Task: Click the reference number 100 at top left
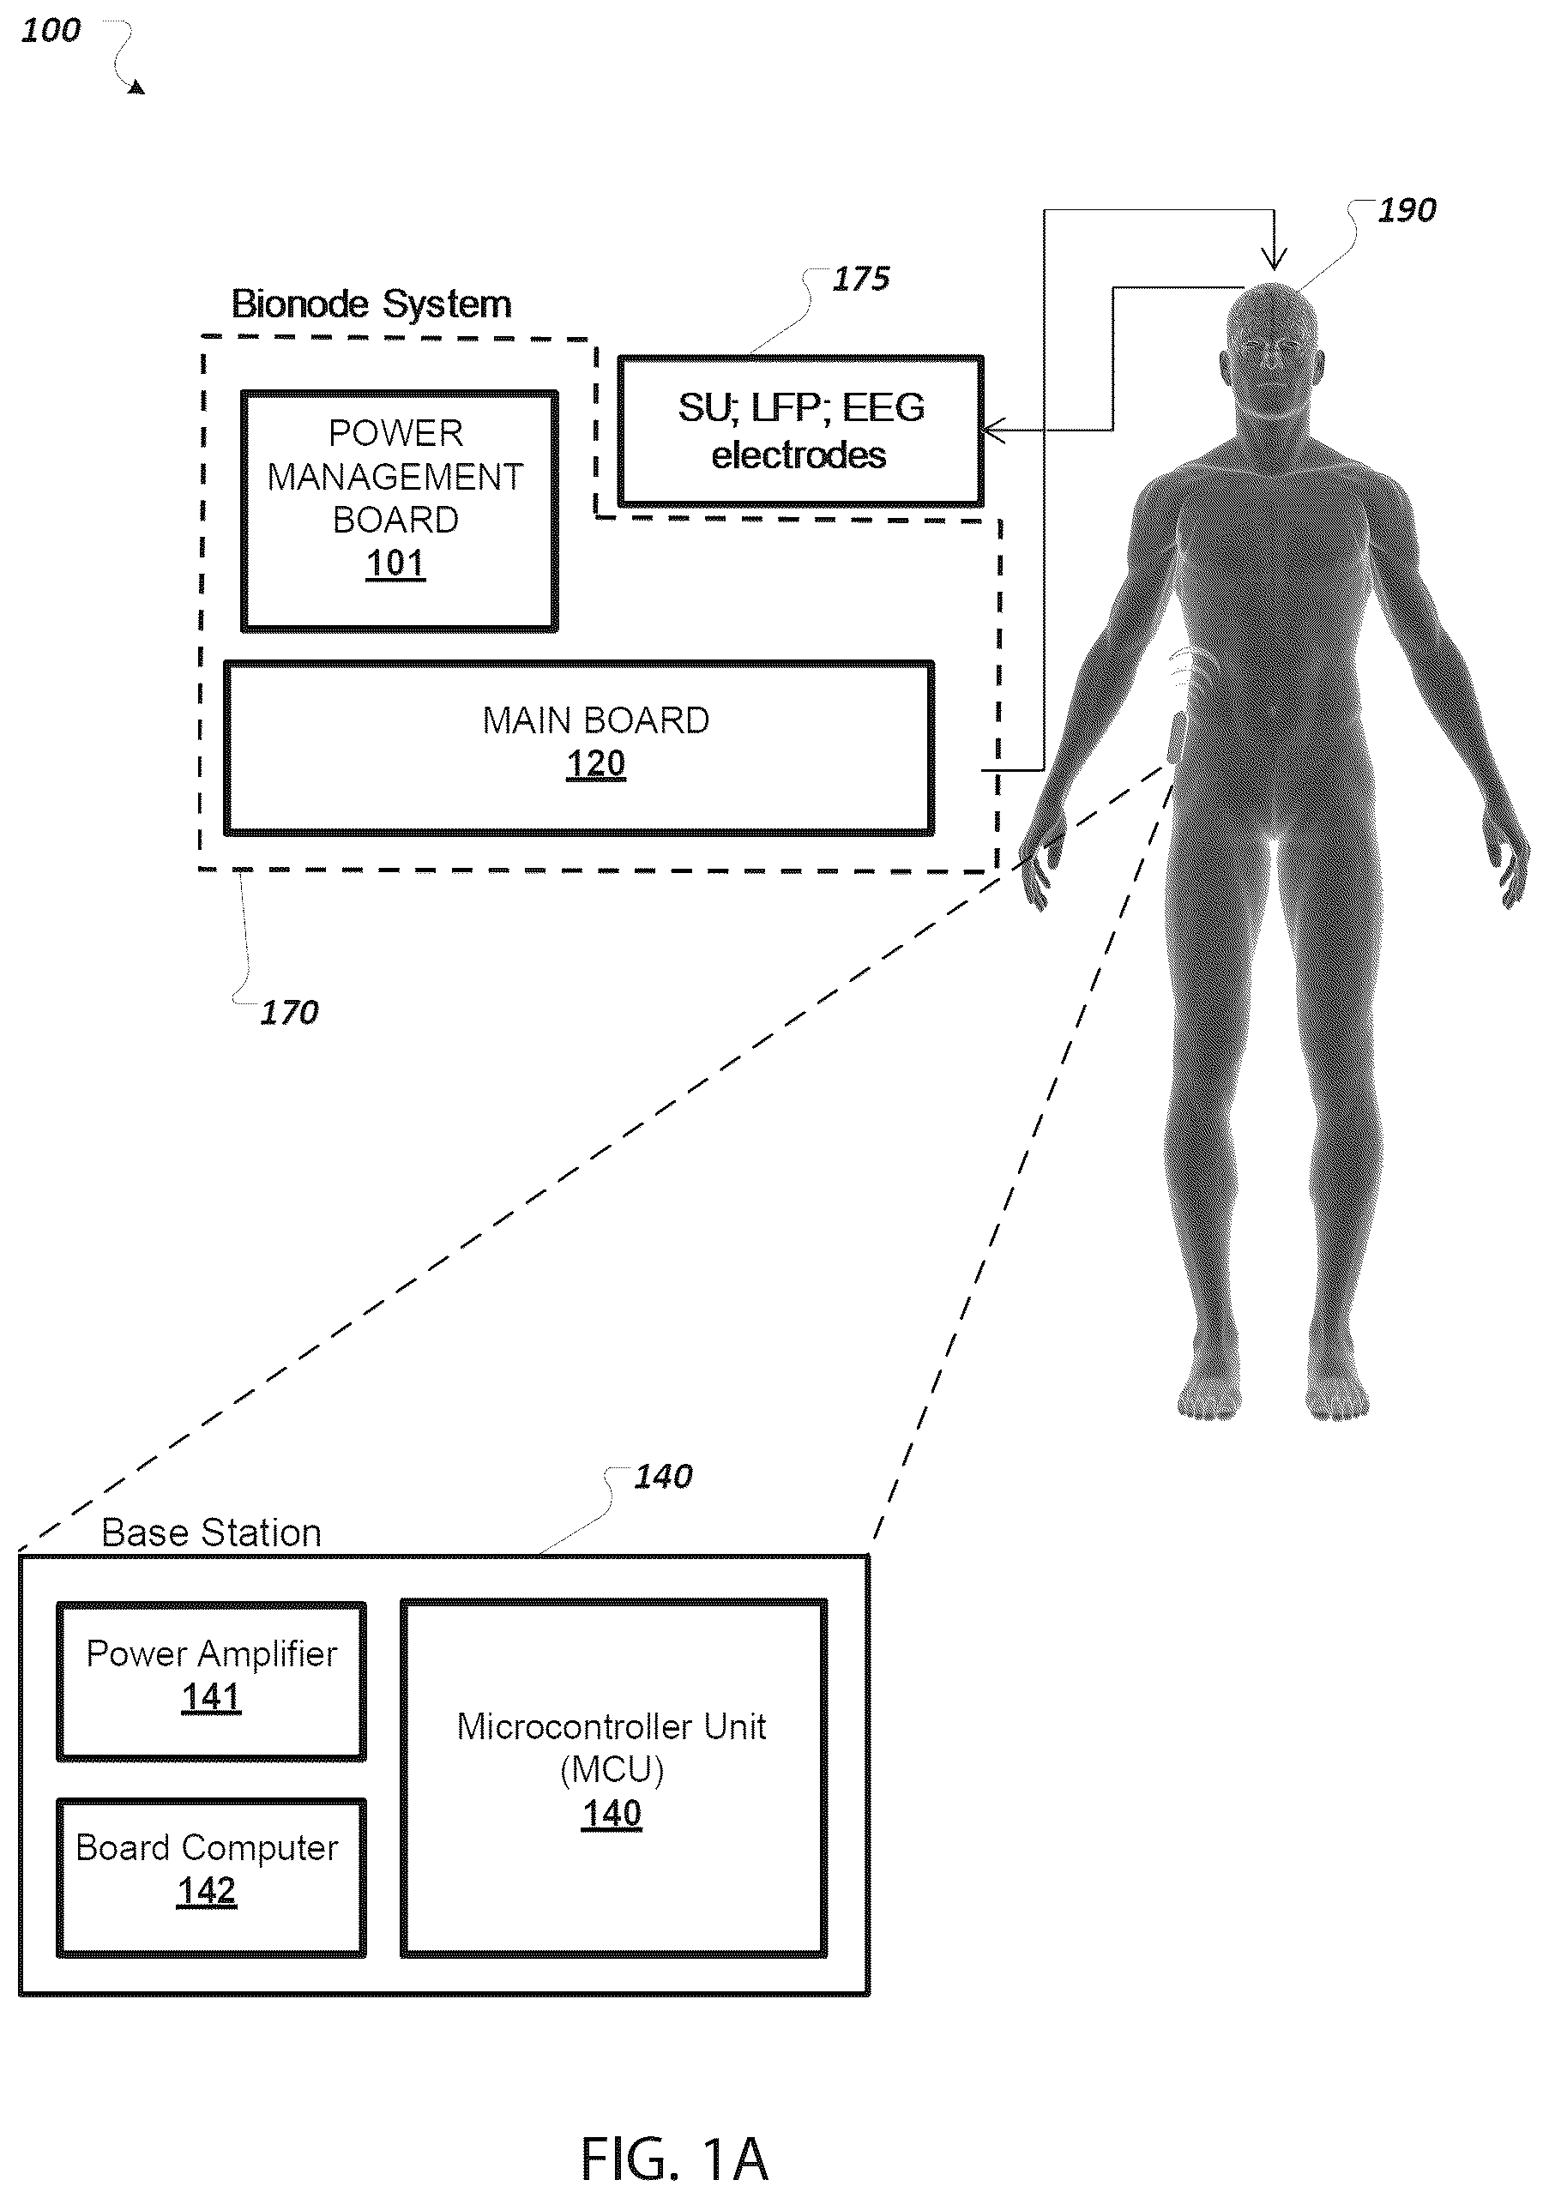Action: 51,31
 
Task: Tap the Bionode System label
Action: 371,304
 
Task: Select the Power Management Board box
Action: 399,510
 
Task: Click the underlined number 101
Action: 395,563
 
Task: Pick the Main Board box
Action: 579,747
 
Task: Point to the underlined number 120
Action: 595,764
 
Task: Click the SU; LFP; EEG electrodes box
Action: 800,431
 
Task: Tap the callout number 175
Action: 860,279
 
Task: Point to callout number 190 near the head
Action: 1407,211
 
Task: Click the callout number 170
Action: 289,1012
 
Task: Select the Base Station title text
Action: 212,1533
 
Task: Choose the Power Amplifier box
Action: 212,1680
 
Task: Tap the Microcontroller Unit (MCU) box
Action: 612,1778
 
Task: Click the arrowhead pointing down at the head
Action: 1274,261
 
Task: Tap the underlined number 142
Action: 207,1891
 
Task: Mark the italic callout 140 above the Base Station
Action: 662,1476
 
